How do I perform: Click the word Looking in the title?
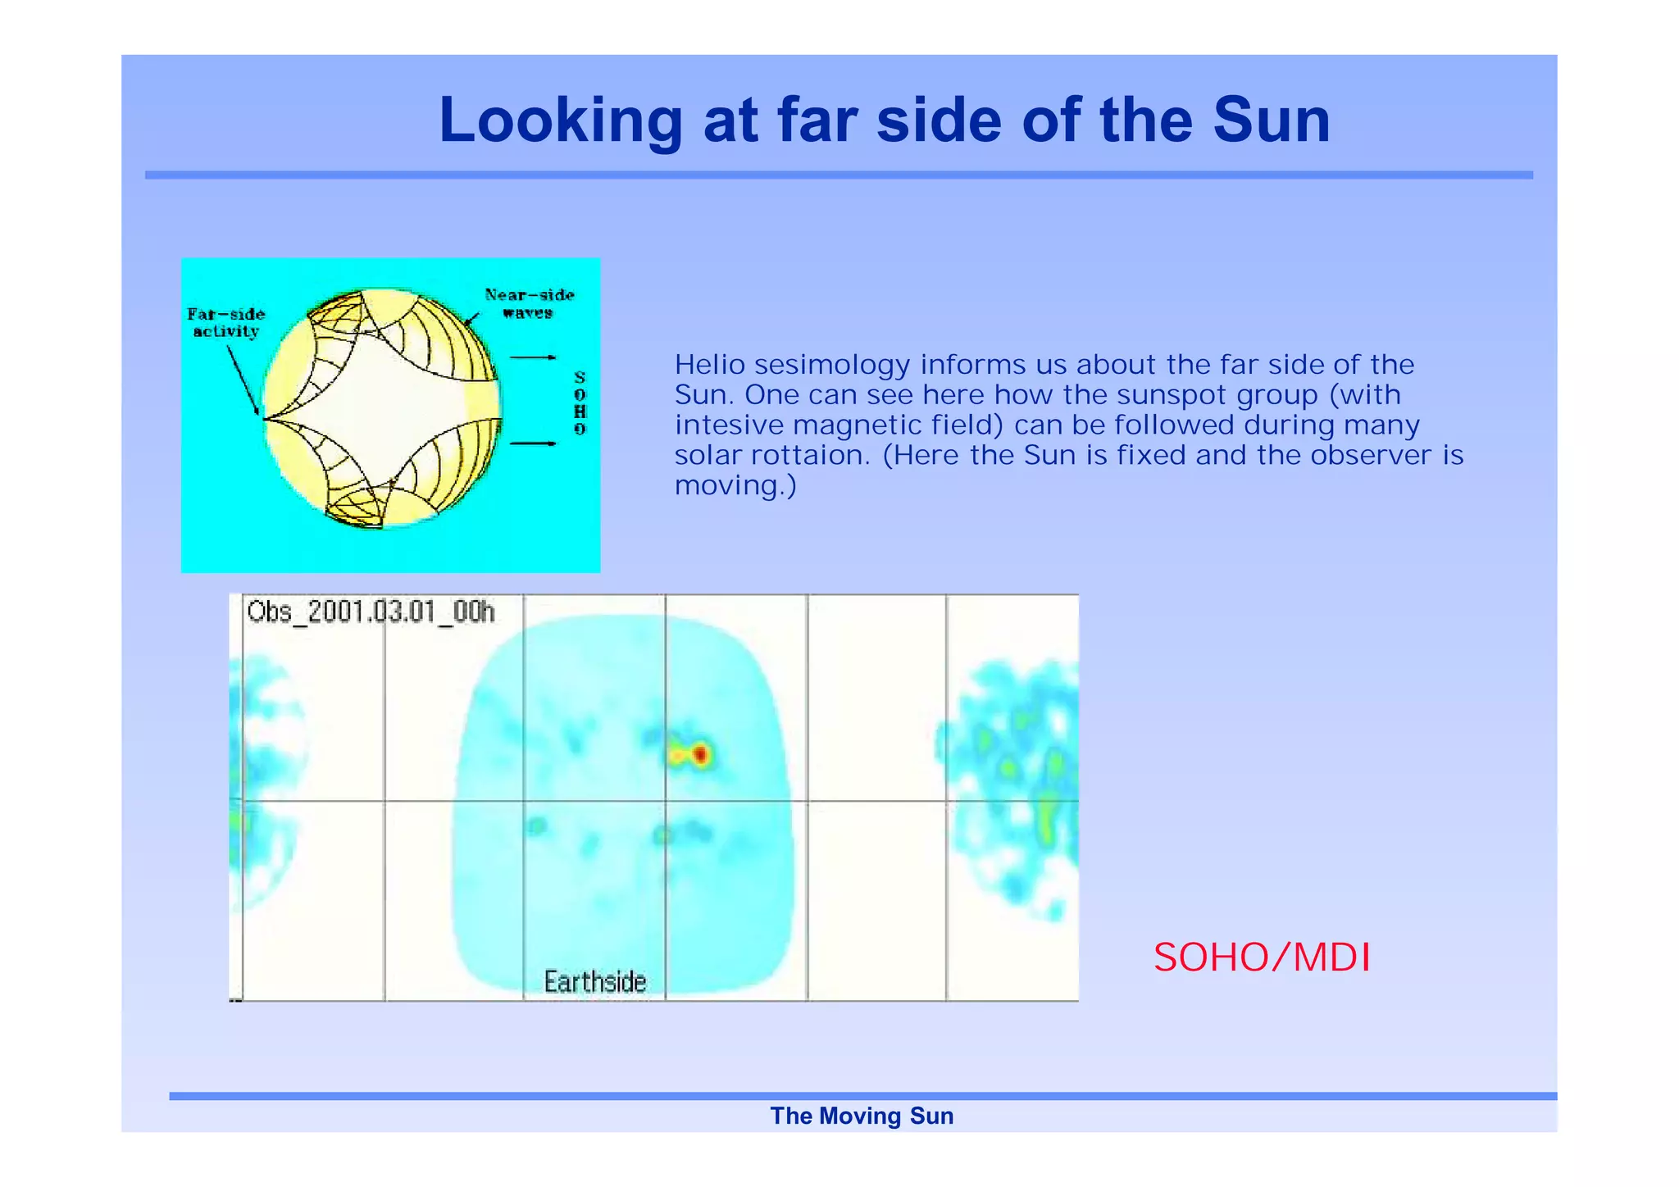pyautogui.click(x=560, y=121)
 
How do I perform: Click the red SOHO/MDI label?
pyautogui.click(x=1261, y=957)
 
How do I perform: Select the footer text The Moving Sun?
pyautogui.click(x=862, y=1116)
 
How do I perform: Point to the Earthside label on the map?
pyautogui.click(x=595, y=981)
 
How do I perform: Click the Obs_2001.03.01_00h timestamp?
pyautogui.click(x=371, y=612)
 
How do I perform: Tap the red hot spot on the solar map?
pyautogui.click(x=701, y=754)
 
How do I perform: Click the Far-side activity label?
pyautogui.click(x=225, y=322)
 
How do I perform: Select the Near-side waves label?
pyautogui.click(x=529, y=303)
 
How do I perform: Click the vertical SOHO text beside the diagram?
pyautogui.click(x=580, y=402)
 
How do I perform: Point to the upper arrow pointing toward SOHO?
pyautogui.click(x=534, y=357)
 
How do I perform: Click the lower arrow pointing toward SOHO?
pyautogui.click(x=534, y=443)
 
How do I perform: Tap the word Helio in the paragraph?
pyautogui.click(x=710, y=365)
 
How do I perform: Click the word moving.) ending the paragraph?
pyautogui.click(x=735, y=485)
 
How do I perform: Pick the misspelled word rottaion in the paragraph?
pyautogui.click(x=812, y=455)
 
